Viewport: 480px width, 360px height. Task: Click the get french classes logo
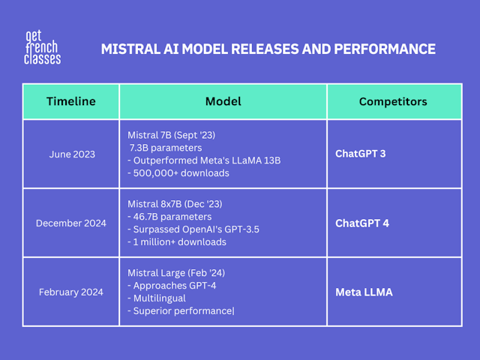(x=42, y=47)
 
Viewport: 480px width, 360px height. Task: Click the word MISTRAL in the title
(x=130, y=49)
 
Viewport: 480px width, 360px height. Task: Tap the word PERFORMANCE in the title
(x=385, y=49)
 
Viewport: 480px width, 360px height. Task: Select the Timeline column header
(x=71, y=101)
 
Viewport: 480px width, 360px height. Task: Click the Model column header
(x=223, y=101)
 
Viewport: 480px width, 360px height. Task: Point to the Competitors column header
(x=393, y=102)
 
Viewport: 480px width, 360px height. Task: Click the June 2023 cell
(x=72, y=154)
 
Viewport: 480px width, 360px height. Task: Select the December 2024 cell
(x=71, y=223)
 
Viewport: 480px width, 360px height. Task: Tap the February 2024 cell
(x=71, y=292)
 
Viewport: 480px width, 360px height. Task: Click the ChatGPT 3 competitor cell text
(x=361, y=154)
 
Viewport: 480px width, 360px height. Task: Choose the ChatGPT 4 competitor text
(x=362, y=223)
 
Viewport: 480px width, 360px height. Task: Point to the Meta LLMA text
(x=364, y=292)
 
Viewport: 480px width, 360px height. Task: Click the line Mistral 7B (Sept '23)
(x=172, y=135)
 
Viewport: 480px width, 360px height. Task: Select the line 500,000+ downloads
(x=178, y=173)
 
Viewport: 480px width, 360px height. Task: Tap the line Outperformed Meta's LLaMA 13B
(x=204, y=160)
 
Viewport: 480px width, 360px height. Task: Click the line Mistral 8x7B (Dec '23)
(x=175, y=204)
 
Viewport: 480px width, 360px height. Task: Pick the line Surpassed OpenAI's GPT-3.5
(x=193, y=229)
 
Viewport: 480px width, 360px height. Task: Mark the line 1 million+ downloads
(x=177, y=242)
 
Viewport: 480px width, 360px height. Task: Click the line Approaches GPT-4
(x=172, y=286)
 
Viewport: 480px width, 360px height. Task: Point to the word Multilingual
(x=160, y=298)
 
